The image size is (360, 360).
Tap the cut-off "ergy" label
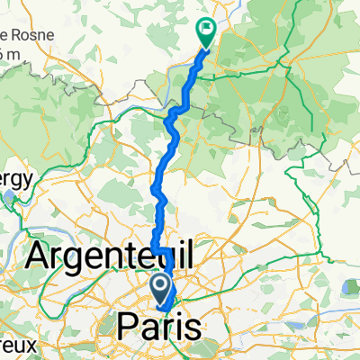tap(17, 178)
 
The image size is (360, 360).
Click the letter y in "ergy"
tap(30, 180)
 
